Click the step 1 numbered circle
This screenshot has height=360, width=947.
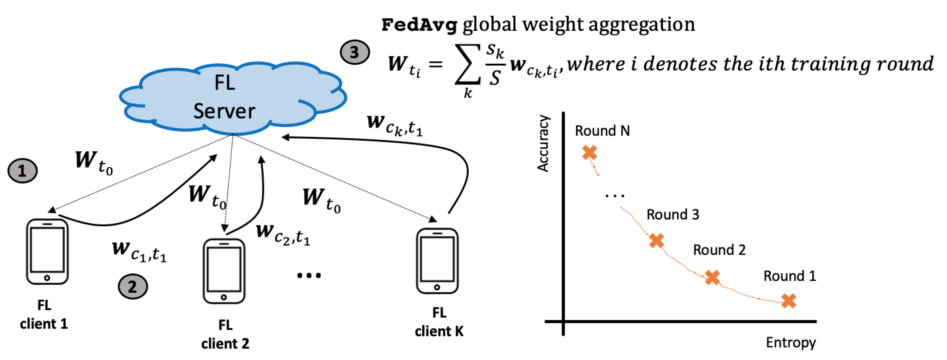point(22,171)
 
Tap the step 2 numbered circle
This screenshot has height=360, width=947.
point(133,286)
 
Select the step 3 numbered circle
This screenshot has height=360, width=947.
point(354,52)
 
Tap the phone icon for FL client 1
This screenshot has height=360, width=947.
point(47,251)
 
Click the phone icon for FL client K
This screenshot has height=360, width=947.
point(437,261)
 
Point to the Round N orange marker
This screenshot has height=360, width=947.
point(590,152)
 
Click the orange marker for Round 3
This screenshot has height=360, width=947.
point(656,240)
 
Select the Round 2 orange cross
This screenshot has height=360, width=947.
point(712,277)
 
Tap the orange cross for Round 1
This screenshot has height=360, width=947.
point(789,301)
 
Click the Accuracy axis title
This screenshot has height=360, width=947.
point(543,144)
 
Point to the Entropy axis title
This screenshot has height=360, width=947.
point(791,343)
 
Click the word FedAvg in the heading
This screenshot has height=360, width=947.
point(419,25)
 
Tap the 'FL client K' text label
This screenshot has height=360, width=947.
point(439,322)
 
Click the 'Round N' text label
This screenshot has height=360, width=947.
point(602,131)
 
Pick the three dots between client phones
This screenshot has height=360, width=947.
point(309,275)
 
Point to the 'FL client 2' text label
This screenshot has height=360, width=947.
point(225,334)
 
